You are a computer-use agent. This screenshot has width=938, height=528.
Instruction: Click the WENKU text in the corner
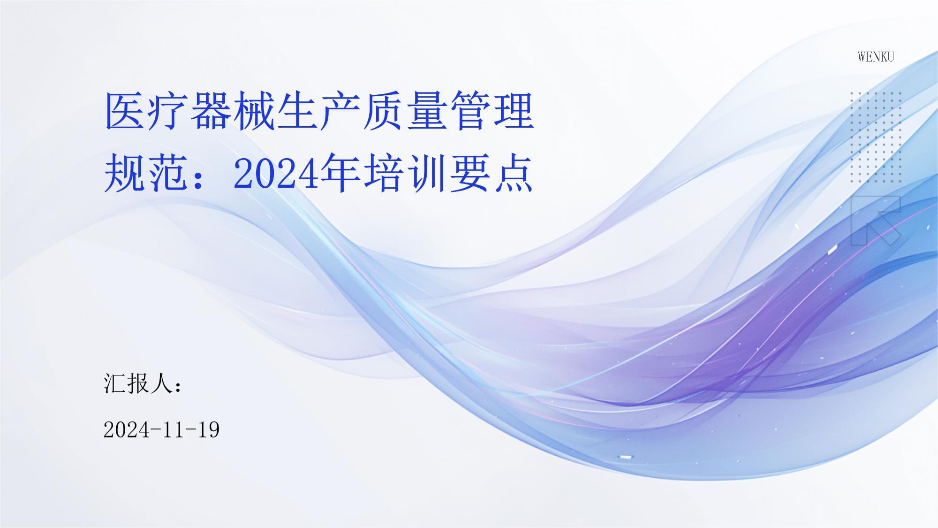[876, 57]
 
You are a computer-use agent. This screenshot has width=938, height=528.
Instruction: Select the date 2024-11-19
[161, 430]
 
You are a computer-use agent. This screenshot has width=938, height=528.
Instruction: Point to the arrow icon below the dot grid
[875, 221]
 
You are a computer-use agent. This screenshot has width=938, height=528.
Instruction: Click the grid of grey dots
[875, 137]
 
